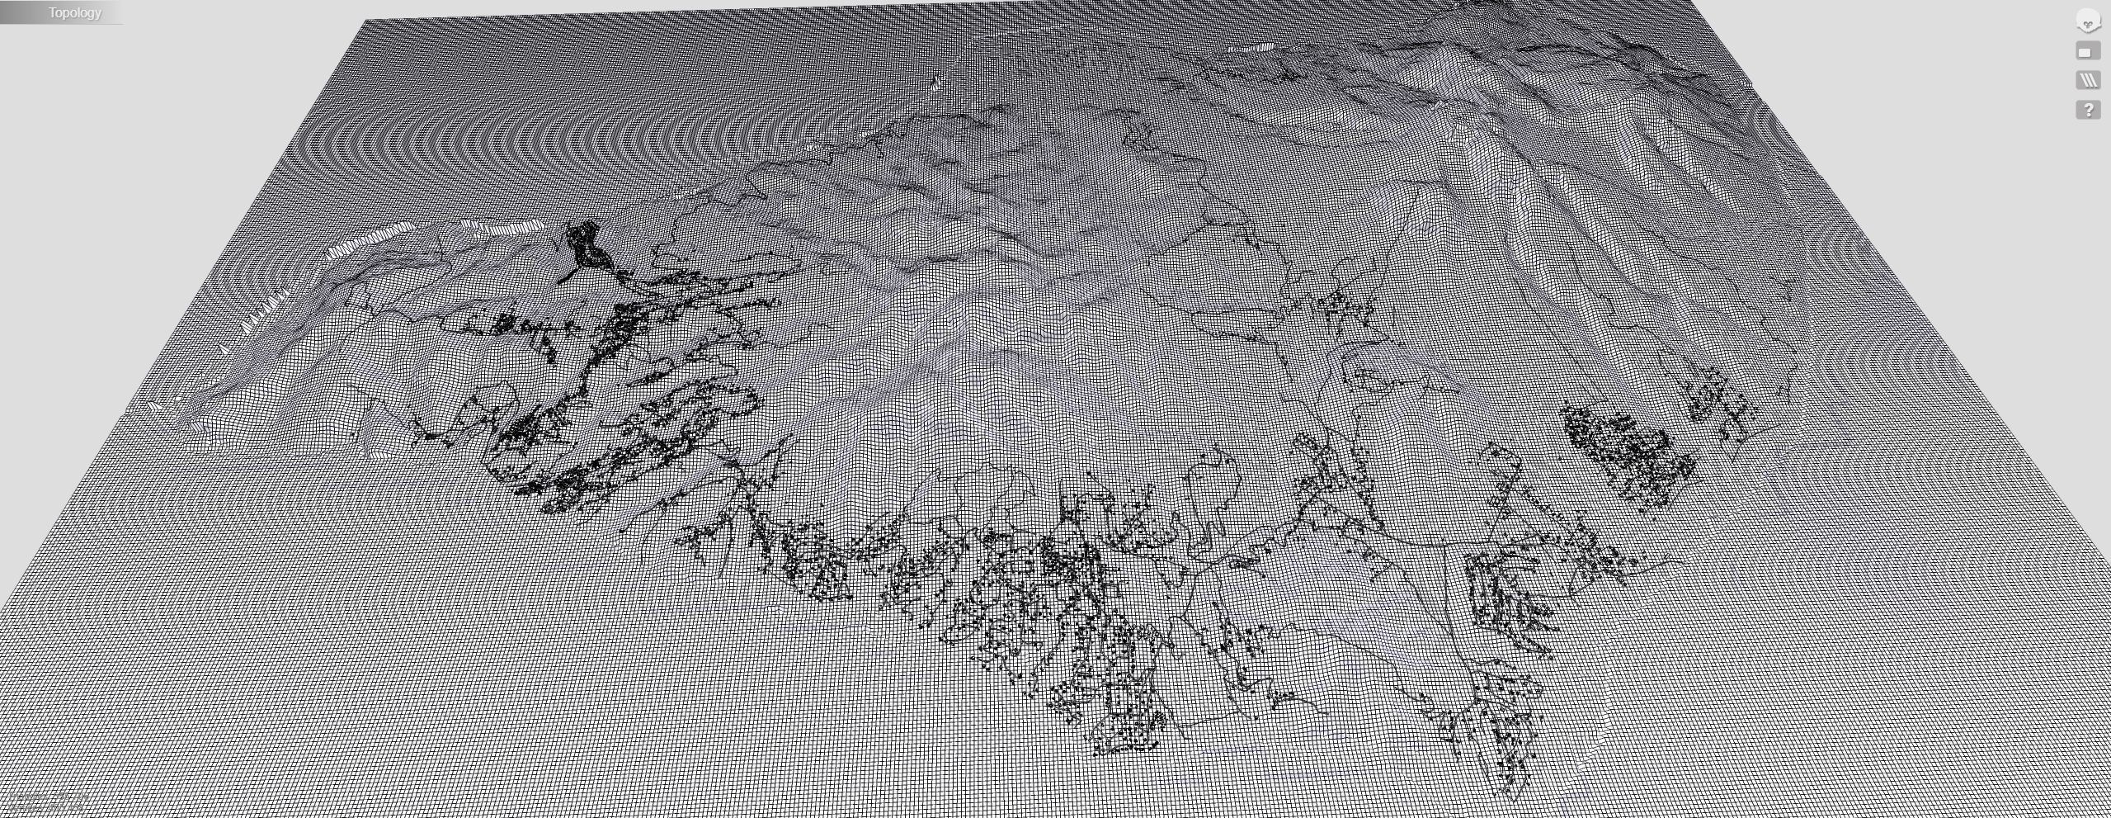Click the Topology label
click(74, 12)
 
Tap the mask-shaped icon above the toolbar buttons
click(2087, 21)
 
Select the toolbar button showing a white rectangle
click(2087, 51)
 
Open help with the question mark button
click(2088, 109)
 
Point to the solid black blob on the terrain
click(587, 244)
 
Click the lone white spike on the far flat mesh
click(935, 82)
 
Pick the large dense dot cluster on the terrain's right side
click(1629, 450)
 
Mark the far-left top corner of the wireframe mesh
click(365, 21)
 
